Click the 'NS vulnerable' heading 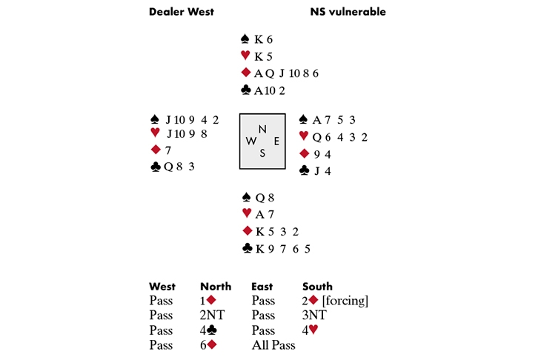click(348, 12)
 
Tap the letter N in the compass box click(262, 127)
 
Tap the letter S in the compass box click(262, 153)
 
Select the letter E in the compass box click(276, 141)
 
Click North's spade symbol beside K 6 click(245, 39)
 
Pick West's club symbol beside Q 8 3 click(155, 167)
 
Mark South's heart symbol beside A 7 click(246, 213)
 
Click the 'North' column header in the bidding click(216, 286)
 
